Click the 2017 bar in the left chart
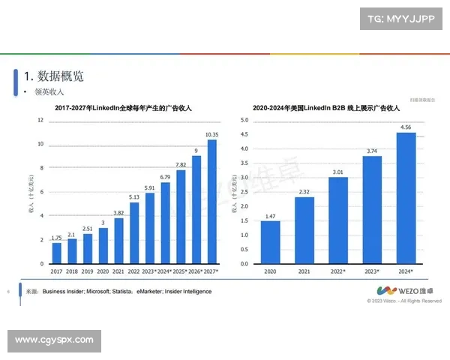coord(56,253)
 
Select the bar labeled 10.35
coord(212,202)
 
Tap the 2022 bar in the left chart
coord(134,233)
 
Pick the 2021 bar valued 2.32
coord(304,230)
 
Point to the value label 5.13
coord(134,197)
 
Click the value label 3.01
coord(338,172)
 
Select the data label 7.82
coord(181,164)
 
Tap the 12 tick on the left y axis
coord(40,120)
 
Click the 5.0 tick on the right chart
coord(244,120)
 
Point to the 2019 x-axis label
coord(88,271)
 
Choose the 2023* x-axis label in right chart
coord(372,271)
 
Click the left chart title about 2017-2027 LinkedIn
coord(124,109)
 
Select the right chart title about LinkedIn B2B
coord(326,109)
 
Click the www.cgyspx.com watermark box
coord(54,340)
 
